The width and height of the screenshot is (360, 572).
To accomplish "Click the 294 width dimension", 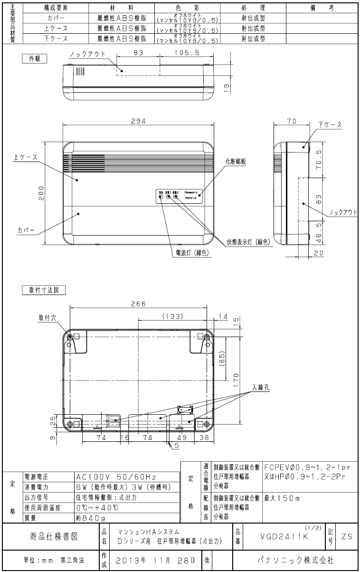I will [x=138, y=121].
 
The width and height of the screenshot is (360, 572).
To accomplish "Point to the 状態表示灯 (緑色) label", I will [x=248, y=242].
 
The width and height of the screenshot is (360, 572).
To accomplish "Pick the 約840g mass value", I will [x=89, y=517].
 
